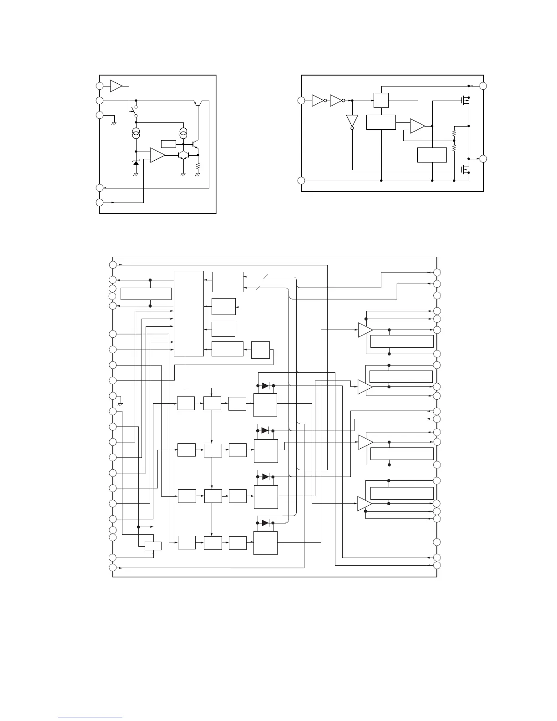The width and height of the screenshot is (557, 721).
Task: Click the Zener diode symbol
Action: [x=136, y=163]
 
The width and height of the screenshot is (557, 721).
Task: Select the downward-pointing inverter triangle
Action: [x=352, y=121]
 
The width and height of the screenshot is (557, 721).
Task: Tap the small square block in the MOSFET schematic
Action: [x=381, y=100]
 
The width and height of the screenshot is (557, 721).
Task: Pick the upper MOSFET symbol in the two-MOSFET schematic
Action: [x=464, y=101]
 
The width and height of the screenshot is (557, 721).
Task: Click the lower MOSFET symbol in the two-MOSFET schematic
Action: [x=464, y=169]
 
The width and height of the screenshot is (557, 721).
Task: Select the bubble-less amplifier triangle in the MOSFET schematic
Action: [x=417, y=126]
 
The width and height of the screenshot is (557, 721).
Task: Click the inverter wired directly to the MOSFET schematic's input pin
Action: [x=318, y=101]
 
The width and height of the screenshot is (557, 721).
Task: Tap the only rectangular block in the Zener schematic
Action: [x=168, y=144]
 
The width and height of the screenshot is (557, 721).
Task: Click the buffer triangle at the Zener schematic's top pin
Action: [x=116, y=86]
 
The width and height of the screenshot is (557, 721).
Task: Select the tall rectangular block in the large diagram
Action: [x=189, y=313]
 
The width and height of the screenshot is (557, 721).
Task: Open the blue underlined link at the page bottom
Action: [x=91, y=718]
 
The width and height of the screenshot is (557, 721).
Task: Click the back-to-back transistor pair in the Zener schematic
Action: [x=183, y=155]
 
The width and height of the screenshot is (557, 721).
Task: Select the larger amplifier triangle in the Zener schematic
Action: [x=157, y=155]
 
